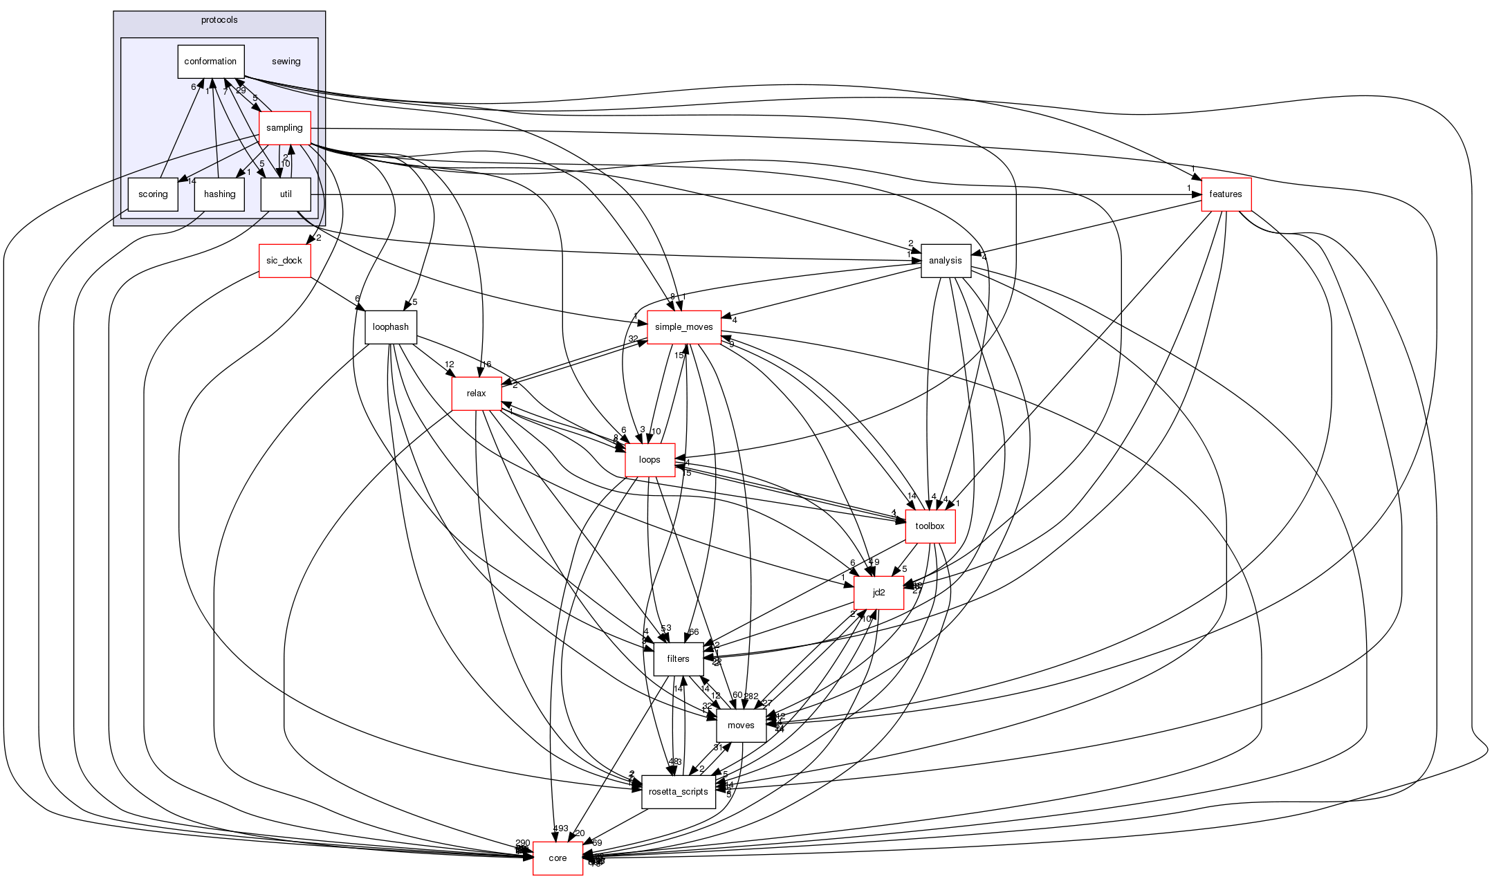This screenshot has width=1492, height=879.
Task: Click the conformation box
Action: click(x=210, y=62)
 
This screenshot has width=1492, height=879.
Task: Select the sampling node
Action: click(x=284, y=128)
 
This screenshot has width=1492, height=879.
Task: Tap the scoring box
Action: click(x=153, y=194)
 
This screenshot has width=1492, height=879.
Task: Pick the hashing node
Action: click(x=219, y=194)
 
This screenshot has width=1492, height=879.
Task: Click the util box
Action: click(x=285, y=194)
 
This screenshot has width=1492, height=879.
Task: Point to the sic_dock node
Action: click(x=284, y=261)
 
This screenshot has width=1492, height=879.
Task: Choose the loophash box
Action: click(x=391, y=327)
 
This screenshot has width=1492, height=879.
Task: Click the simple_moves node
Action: click(x=683, y=327)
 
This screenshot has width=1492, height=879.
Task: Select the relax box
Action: click(x=476, y=394)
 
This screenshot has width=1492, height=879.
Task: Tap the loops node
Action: click(x=650, y=460)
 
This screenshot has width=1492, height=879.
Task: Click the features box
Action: click(x=1226, y=194)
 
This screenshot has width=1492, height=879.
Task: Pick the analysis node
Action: click(x=945, y=261)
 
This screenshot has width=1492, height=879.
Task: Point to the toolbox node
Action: click(x=930, y=526)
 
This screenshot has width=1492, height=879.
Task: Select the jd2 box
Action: click(x=878, y=593)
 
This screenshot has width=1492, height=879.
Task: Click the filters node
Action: click(x=678, y=659)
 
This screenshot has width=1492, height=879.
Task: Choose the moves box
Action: click(x=741, y=725)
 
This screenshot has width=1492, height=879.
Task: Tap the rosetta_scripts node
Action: click(x=678, y=792)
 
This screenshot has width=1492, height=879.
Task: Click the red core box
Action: click(x=558, y=858)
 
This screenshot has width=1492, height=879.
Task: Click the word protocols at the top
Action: click(x=219, y=20)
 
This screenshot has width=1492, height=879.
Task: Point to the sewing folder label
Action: click(x=286, y=62)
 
